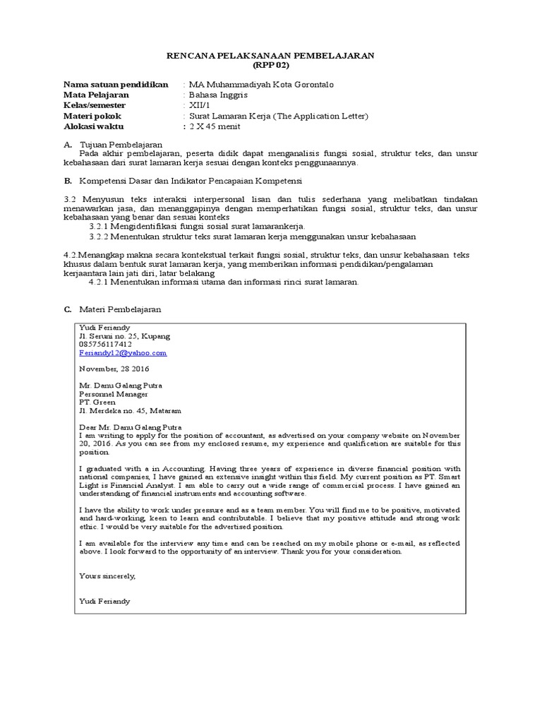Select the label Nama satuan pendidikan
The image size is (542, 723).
[x=116, y=85]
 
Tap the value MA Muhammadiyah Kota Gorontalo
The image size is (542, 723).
[x=260, y=85]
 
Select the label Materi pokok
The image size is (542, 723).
[x=92, y=116]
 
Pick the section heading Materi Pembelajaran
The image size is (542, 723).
[x=121, y=309]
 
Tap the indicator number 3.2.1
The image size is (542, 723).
[x=100, y=226]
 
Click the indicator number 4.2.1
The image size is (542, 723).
[x=100, y=282]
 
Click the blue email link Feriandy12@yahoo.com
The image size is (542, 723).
[x=123, y=353]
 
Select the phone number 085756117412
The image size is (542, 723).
[x=105, y=345]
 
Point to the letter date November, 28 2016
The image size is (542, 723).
[x=114, y=369]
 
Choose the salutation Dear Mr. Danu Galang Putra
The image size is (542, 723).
[x=130, y=427]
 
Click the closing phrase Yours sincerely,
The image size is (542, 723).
[x=107, y=576]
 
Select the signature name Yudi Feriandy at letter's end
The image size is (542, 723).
[x=104, y=602]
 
